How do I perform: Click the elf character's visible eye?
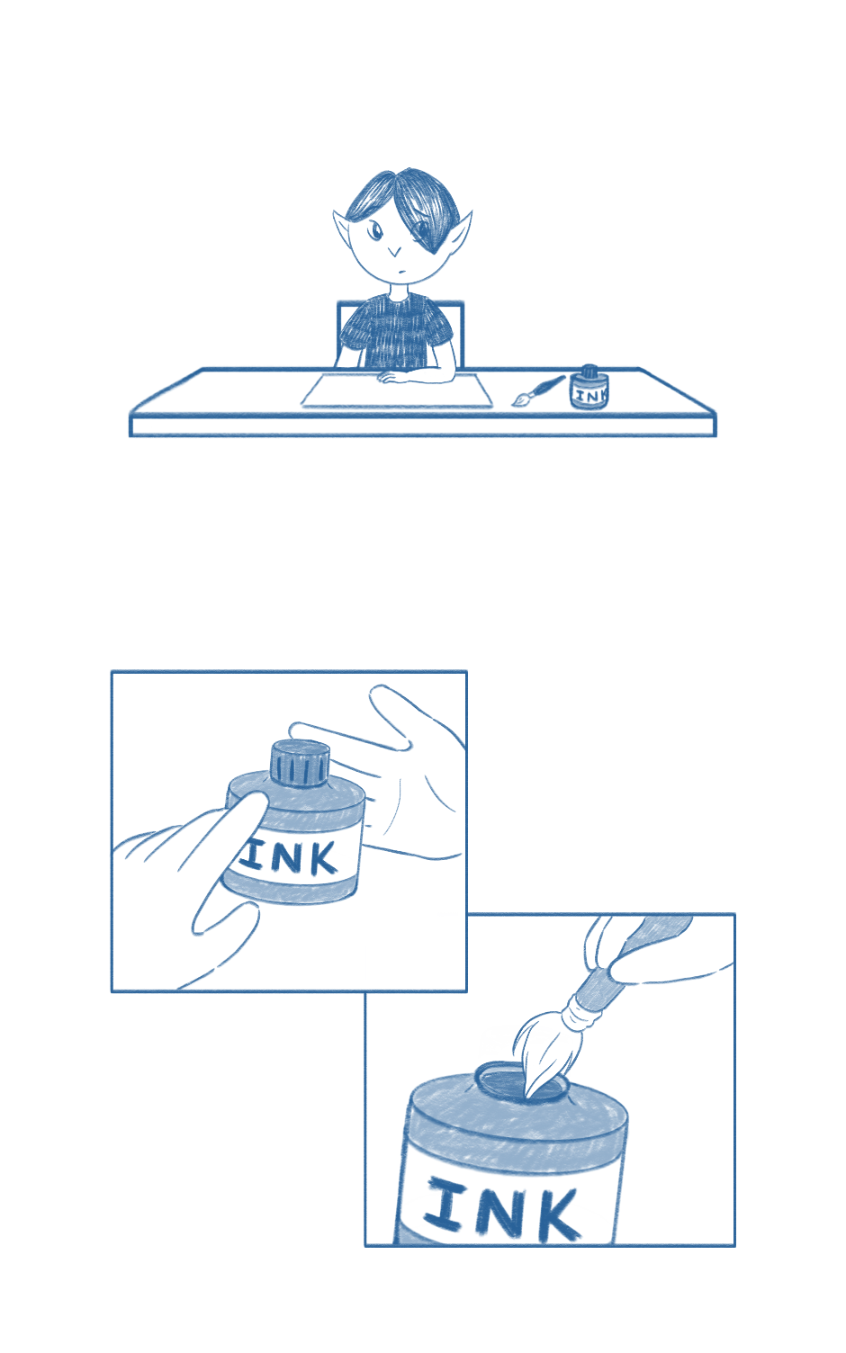[x=376, y=231]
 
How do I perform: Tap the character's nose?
[x=394, y=252]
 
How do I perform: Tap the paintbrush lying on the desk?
[x=538, y=390]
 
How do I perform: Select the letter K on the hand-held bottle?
[x=319, y=858]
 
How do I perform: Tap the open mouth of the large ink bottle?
[x=521, y=1081]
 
